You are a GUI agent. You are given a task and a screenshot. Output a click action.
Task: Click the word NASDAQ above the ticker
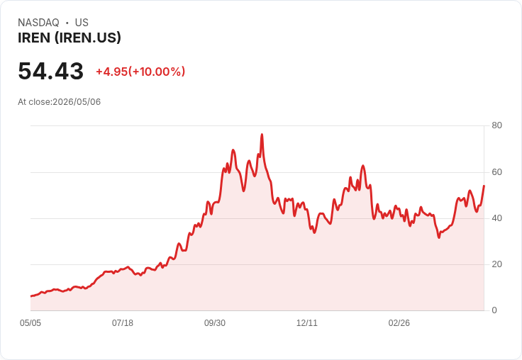tap(38, 23)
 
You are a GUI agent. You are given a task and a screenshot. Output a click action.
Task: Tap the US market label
tap(82, 23)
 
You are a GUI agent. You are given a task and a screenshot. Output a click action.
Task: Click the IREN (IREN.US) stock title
tap(70, 38)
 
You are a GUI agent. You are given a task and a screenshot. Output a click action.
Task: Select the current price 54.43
tap(50, 71)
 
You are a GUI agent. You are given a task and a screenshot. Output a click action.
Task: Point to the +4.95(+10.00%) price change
tap(140, 72)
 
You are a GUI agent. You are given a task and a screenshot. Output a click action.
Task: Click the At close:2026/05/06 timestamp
tap(60, 102)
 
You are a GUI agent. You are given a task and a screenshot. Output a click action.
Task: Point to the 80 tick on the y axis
tap(496, 125)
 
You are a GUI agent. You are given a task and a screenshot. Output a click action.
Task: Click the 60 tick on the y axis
tap(496, 172)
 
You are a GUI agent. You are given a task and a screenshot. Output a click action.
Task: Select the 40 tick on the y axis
tap(496, 218)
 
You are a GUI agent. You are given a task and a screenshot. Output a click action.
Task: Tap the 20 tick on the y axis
tap(496, 264)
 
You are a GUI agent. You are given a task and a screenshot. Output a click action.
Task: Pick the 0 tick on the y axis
tap(494, 310)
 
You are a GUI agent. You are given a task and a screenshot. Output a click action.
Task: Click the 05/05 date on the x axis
tap(30, 323)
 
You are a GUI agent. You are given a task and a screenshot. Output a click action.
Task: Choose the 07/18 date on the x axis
tap(123, 323)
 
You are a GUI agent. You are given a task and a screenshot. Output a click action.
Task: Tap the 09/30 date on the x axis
tap(215, 323)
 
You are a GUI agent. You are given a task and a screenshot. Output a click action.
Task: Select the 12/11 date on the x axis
tap(307, 323)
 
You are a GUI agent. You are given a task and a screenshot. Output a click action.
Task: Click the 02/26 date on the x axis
tap(399, 323)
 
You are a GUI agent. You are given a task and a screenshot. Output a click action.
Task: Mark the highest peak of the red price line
tap(262, 135)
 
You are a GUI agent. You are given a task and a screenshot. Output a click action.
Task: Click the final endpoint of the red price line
tap(484, 186)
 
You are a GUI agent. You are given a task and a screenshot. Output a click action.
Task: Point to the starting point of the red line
tap(31, 296)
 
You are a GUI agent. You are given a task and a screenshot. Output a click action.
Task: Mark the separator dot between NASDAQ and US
tap(67, 23)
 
